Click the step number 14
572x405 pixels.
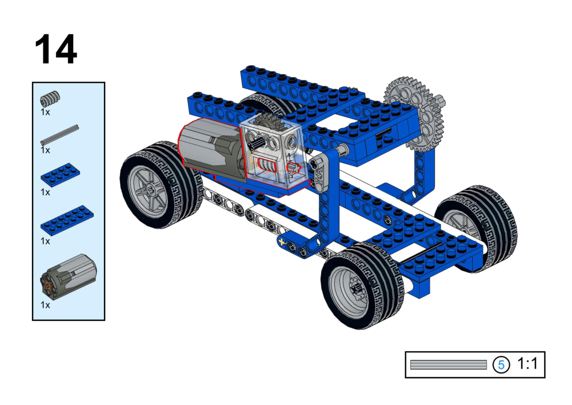(x=56, y=49)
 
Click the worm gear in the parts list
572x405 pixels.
(x=50, y=98)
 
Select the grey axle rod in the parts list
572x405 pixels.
(x=59, y=135)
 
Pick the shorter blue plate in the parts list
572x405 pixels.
(x=60, y=175)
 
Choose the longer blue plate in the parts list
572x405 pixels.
(x=67, y=219)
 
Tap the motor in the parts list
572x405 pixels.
(x=68, y=277)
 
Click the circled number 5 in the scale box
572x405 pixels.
(x=501, y=364)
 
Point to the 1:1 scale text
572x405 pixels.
(x=527, y=364)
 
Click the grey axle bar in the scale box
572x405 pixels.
(x=449, y=364)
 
